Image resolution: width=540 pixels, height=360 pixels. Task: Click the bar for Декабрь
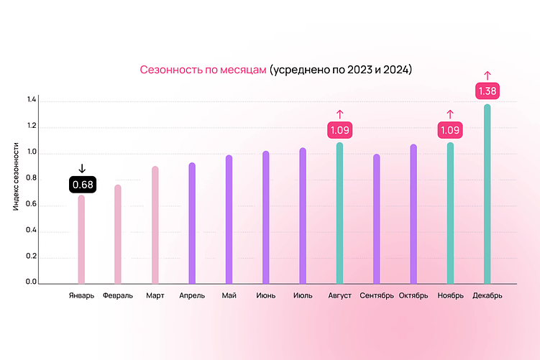(487, 194)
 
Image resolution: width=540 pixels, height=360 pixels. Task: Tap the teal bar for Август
(339, 213)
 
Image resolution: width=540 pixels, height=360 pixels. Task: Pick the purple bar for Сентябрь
(376, 219)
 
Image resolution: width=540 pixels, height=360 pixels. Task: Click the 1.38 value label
(487, 91)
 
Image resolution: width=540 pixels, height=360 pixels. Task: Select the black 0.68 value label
(82, 185)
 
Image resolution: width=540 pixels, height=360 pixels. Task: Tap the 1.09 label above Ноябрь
(450, 130)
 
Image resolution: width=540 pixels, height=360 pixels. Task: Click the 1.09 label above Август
(339, 130)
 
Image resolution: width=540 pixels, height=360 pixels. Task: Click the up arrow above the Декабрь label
(487, 75)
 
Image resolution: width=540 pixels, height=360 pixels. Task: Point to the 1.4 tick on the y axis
(31, 102)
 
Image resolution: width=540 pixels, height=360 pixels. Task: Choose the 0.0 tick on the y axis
(31, 282)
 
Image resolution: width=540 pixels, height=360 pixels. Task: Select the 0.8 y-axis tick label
(31, 180)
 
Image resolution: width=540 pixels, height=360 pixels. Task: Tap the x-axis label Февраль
(118, 295)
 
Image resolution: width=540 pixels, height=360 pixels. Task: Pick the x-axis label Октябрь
(413, 295)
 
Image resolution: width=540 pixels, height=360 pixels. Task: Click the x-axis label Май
(229, 295)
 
